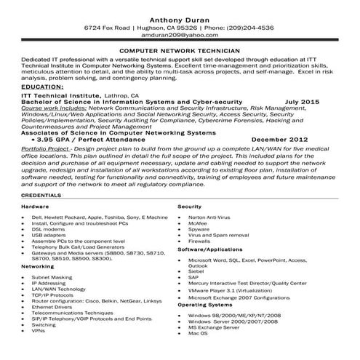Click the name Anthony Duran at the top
click(x=180, y=17)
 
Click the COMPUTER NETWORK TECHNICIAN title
click(x=180, y=52)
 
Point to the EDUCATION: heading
click(x=26, y=86)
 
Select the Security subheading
click(x=190, y=207)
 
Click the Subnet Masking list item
click(x=51, y=277)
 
